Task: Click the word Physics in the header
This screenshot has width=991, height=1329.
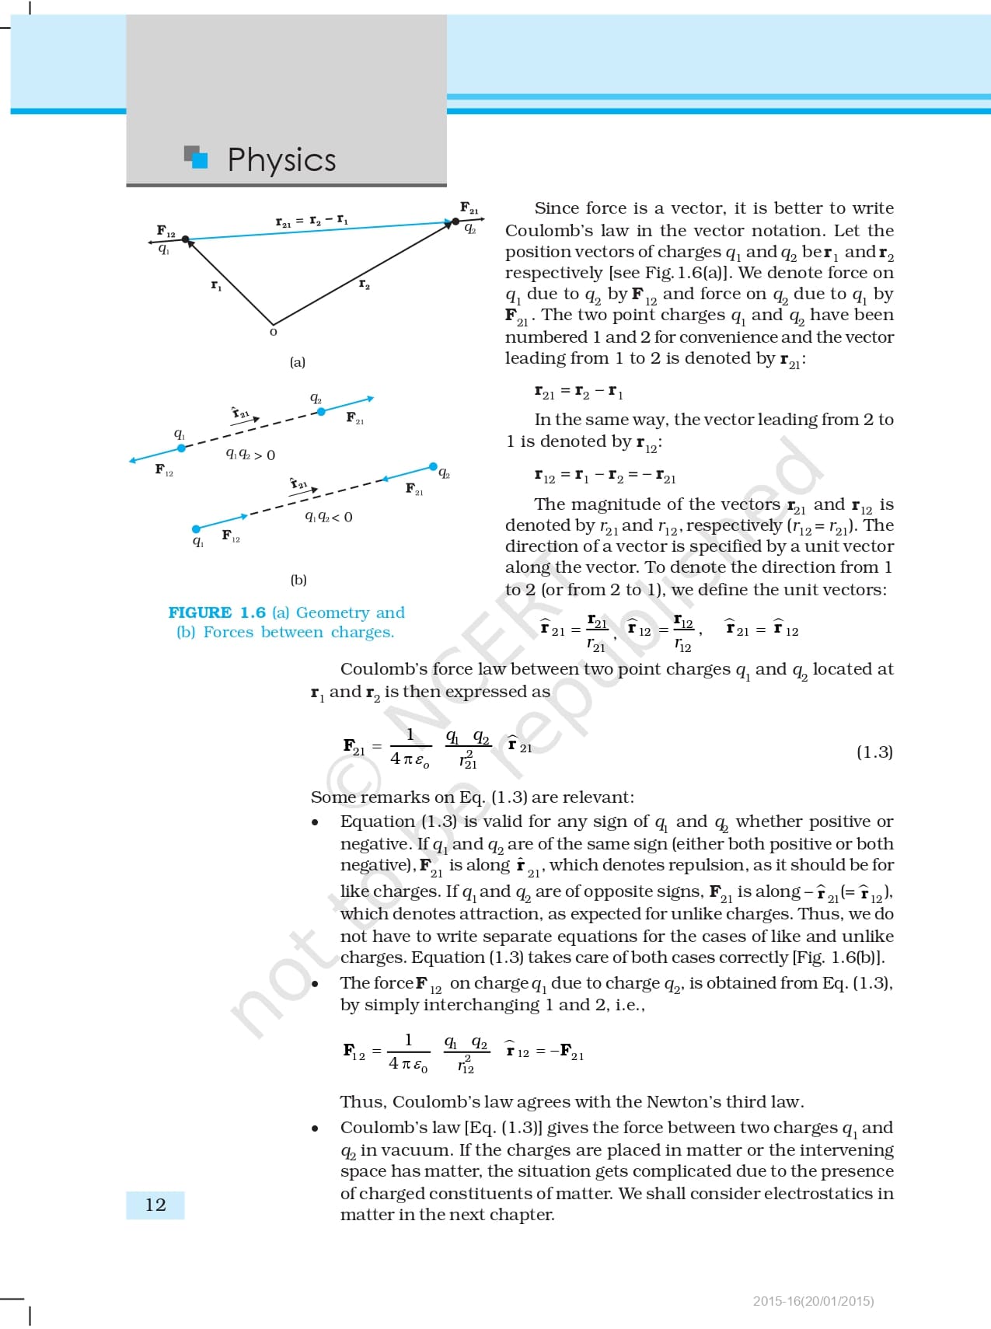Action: [x=281, y=160]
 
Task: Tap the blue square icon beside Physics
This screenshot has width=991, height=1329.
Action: [x=200, y=159]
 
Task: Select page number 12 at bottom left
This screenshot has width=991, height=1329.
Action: [x=155, y=1205]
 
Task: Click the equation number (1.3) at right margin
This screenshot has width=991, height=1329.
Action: [x=874, y=752]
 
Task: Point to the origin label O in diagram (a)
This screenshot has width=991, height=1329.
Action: [x=273, y=333]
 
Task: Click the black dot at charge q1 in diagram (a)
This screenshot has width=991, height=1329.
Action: [x=186, y=239]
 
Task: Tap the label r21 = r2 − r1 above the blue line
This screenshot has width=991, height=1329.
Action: [x=312, y=221]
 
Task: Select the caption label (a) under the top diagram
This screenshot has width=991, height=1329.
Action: [x=298, y=362]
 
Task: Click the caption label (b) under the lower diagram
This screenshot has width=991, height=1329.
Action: [x=298, y=580]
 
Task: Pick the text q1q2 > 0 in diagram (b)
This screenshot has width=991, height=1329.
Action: [x=250, y=455]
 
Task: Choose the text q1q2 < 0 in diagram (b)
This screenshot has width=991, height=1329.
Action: [x=329, y=517]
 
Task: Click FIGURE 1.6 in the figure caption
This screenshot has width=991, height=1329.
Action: [x=217, y=612]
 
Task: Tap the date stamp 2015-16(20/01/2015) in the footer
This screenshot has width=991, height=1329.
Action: [x=813, y=1301]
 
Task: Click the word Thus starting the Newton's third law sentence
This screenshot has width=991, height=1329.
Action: [x=363, y=1102]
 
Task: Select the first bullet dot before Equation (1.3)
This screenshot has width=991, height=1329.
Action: [x=315, y=822]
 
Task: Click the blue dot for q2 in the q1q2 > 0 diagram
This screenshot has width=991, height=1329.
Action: [x=321, y=411]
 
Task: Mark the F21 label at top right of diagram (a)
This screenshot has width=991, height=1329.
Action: [x=469, y=208]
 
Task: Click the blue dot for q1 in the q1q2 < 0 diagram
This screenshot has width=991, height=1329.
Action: [x=197, y=528]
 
